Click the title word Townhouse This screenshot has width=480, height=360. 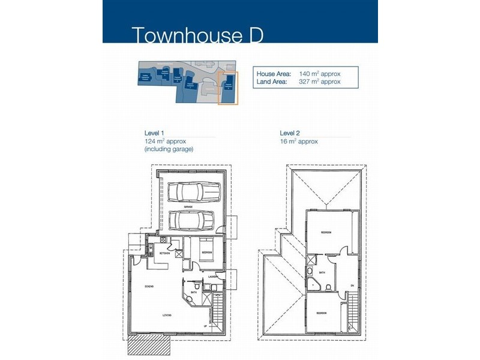point(181,35)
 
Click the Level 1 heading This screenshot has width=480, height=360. point(154,133)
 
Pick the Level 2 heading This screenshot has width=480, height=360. point(290,133)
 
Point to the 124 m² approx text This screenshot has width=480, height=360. point(166,141)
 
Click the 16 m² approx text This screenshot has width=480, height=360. point(298,141)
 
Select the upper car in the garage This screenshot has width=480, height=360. point(194,192)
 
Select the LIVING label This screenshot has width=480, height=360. point(167,314)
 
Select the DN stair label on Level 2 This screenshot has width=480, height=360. point(352,284)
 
